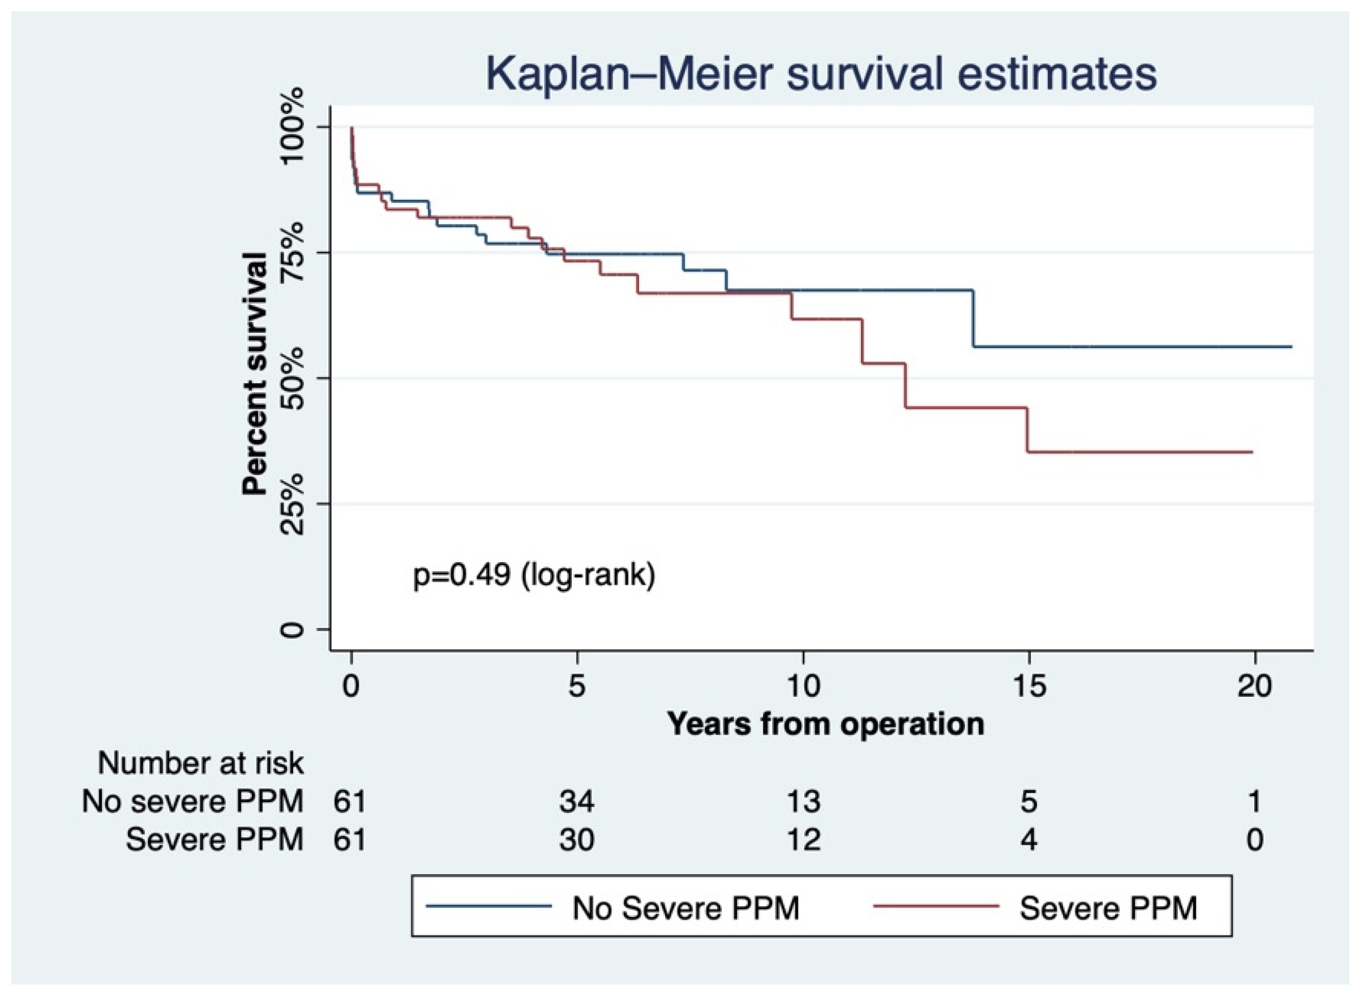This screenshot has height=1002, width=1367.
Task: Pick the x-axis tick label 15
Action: tap(1029, 687)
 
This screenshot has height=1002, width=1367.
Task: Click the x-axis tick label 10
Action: tap(803, 687)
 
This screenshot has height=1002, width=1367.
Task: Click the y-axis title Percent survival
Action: tap(255, 375)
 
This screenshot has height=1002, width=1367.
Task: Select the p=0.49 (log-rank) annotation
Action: tap(534, 574)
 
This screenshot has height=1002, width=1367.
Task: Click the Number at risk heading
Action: tap(200, 763)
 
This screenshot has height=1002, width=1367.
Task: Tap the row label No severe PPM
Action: tap(192, 801)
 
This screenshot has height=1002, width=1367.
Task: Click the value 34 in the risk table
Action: tap(576, 801)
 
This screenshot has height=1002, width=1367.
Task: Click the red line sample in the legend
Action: tap(936, 906)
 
